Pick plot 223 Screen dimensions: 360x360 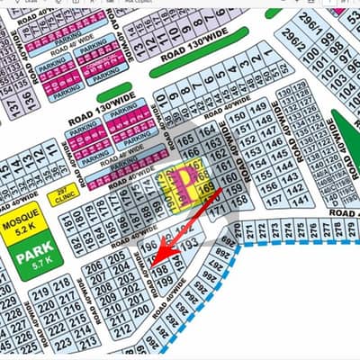64,345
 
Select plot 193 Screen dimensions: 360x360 188,243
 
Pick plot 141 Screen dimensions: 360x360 301,200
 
